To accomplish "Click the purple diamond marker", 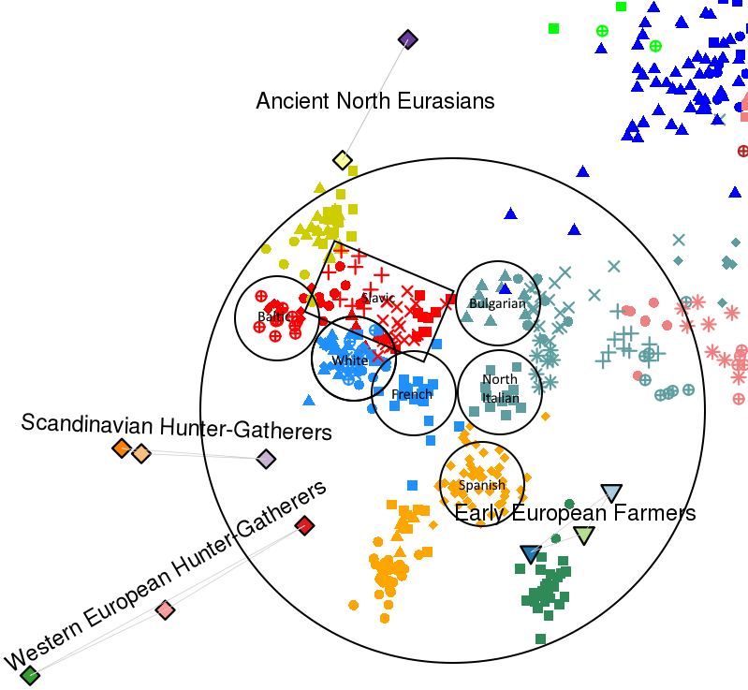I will coord(407,39).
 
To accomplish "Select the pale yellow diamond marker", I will coord(343,161).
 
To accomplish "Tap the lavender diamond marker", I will coord(266,459).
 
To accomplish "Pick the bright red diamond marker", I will coord(303,525).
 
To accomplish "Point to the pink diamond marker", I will coord(165,610).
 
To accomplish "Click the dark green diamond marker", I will coord(30,674).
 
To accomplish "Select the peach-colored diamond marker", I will coord(140,453).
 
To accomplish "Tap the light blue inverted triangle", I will coord(610,492).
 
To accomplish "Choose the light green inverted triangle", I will coord(583,536).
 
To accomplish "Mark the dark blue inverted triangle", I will coord(531,554).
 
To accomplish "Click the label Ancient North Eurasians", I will coord(375,100).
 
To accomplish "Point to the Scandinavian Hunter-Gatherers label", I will coord(177,427).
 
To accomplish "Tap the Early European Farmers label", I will coord(575,513).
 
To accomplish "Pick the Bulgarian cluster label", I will coord(497,303).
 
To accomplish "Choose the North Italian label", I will coord(500,389).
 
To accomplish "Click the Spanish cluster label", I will coord(482,485).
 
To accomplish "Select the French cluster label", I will coord(412,394).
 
